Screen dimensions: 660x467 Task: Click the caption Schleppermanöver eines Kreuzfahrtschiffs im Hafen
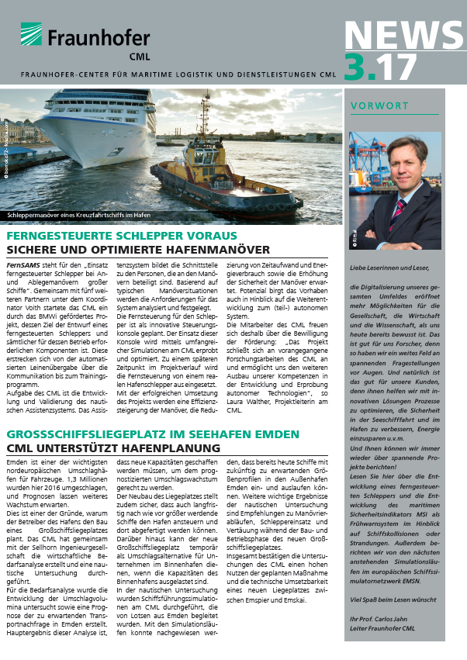click(x=78, y=215)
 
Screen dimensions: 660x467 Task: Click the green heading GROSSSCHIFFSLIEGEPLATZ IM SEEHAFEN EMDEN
click(x=154, y=434)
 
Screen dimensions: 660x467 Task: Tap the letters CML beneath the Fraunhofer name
click(x=119, y=55)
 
